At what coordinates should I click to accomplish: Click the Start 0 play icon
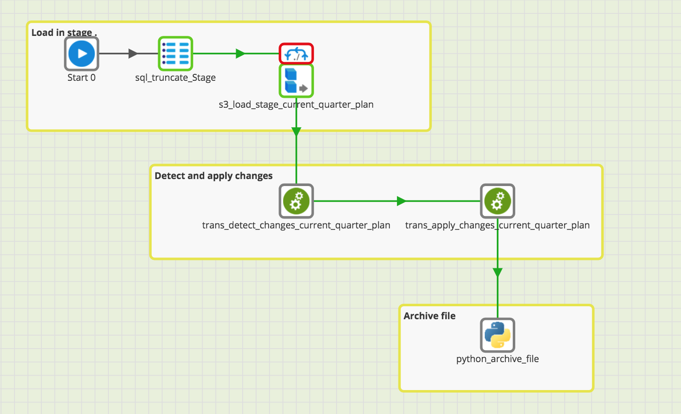[81, 53]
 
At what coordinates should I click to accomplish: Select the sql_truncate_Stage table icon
[175, 53]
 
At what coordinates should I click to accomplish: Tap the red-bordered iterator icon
[296, 53]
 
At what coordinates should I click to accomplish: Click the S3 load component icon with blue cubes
[296, 81]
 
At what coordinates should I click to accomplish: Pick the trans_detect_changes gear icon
[296, 201]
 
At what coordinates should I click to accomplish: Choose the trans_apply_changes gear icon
[497, 201]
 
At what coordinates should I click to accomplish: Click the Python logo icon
[497, 335]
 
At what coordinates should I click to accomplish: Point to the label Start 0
[81, 77]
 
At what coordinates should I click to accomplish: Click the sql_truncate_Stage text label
[175, 77]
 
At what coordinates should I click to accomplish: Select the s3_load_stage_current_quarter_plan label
[296, 105]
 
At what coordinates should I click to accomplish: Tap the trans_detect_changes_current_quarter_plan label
[296, 225]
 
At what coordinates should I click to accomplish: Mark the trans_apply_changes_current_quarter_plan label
[497, 225]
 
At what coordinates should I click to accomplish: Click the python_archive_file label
[497, 359]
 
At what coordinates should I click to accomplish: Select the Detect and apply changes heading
[214, 176]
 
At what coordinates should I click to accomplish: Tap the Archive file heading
[429, 316]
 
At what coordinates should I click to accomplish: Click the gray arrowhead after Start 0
[133, 53]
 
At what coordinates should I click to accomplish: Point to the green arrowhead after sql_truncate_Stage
[241, 53]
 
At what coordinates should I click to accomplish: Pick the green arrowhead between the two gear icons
[401, 201]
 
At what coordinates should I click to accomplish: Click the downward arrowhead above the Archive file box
[497, 272]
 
